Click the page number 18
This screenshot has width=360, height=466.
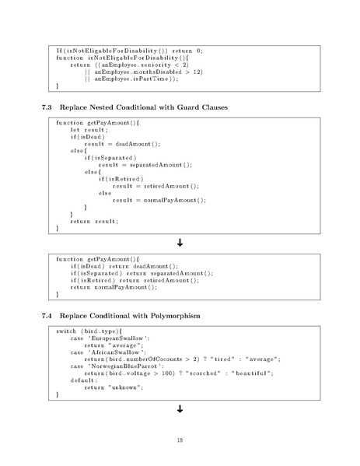[180, 440]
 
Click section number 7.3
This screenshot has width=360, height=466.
[47, 107]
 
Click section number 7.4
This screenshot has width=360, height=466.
[47, 316]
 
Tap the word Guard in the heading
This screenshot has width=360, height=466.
[187, 107]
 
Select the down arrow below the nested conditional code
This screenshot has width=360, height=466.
[180, 243]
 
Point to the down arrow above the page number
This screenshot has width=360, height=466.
[180, 409]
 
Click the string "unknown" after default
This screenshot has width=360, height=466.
[126, 387]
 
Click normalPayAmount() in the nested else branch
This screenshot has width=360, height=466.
[175, 200]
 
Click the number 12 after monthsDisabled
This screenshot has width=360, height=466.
[197, 72]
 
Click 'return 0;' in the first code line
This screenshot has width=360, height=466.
[187, 51]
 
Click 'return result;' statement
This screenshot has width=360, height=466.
[94, 221]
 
